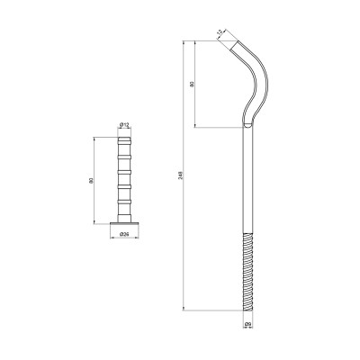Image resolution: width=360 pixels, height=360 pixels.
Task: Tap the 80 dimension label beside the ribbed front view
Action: coord(91,181)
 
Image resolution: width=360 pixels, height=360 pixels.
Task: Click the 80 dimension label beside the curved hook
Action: coord(191,85)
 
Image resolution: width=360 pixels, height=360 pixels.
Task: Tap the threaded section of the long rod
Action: coord(247,270)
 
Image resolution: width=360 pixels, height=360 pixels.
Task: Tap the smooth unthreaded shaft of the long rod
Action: coord(247,180)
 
